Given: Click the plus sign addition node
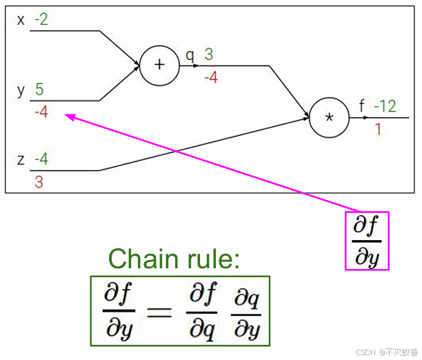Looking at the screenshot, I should click(159, 66).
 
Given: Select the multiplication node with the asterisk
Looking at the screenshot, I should click(329, 117).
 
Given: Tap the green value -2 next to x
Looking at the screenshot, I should click(41, 19).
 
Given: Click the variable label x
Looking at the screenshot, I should click(21, 20).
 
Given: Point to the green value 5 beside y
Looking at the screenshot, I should click(39, 90).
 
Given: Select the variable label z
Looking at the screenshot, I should click(21, 161).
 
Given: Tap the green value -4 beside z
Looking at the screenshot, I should click(41, 160).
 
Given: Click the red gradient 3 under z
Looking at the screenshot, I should click(39, 182).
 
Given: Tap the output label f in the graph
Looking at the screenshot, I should click(362, 106).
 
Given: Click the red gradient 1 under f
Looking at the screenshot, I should click(378, 128).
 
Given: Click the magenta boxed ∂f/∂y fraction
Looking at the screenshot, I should click(367, 241).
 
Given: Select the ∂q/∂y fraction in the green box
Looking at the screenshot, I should click(247, 312).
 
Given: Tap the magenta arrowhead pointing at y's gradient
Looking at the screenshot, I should click(69, 117).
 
